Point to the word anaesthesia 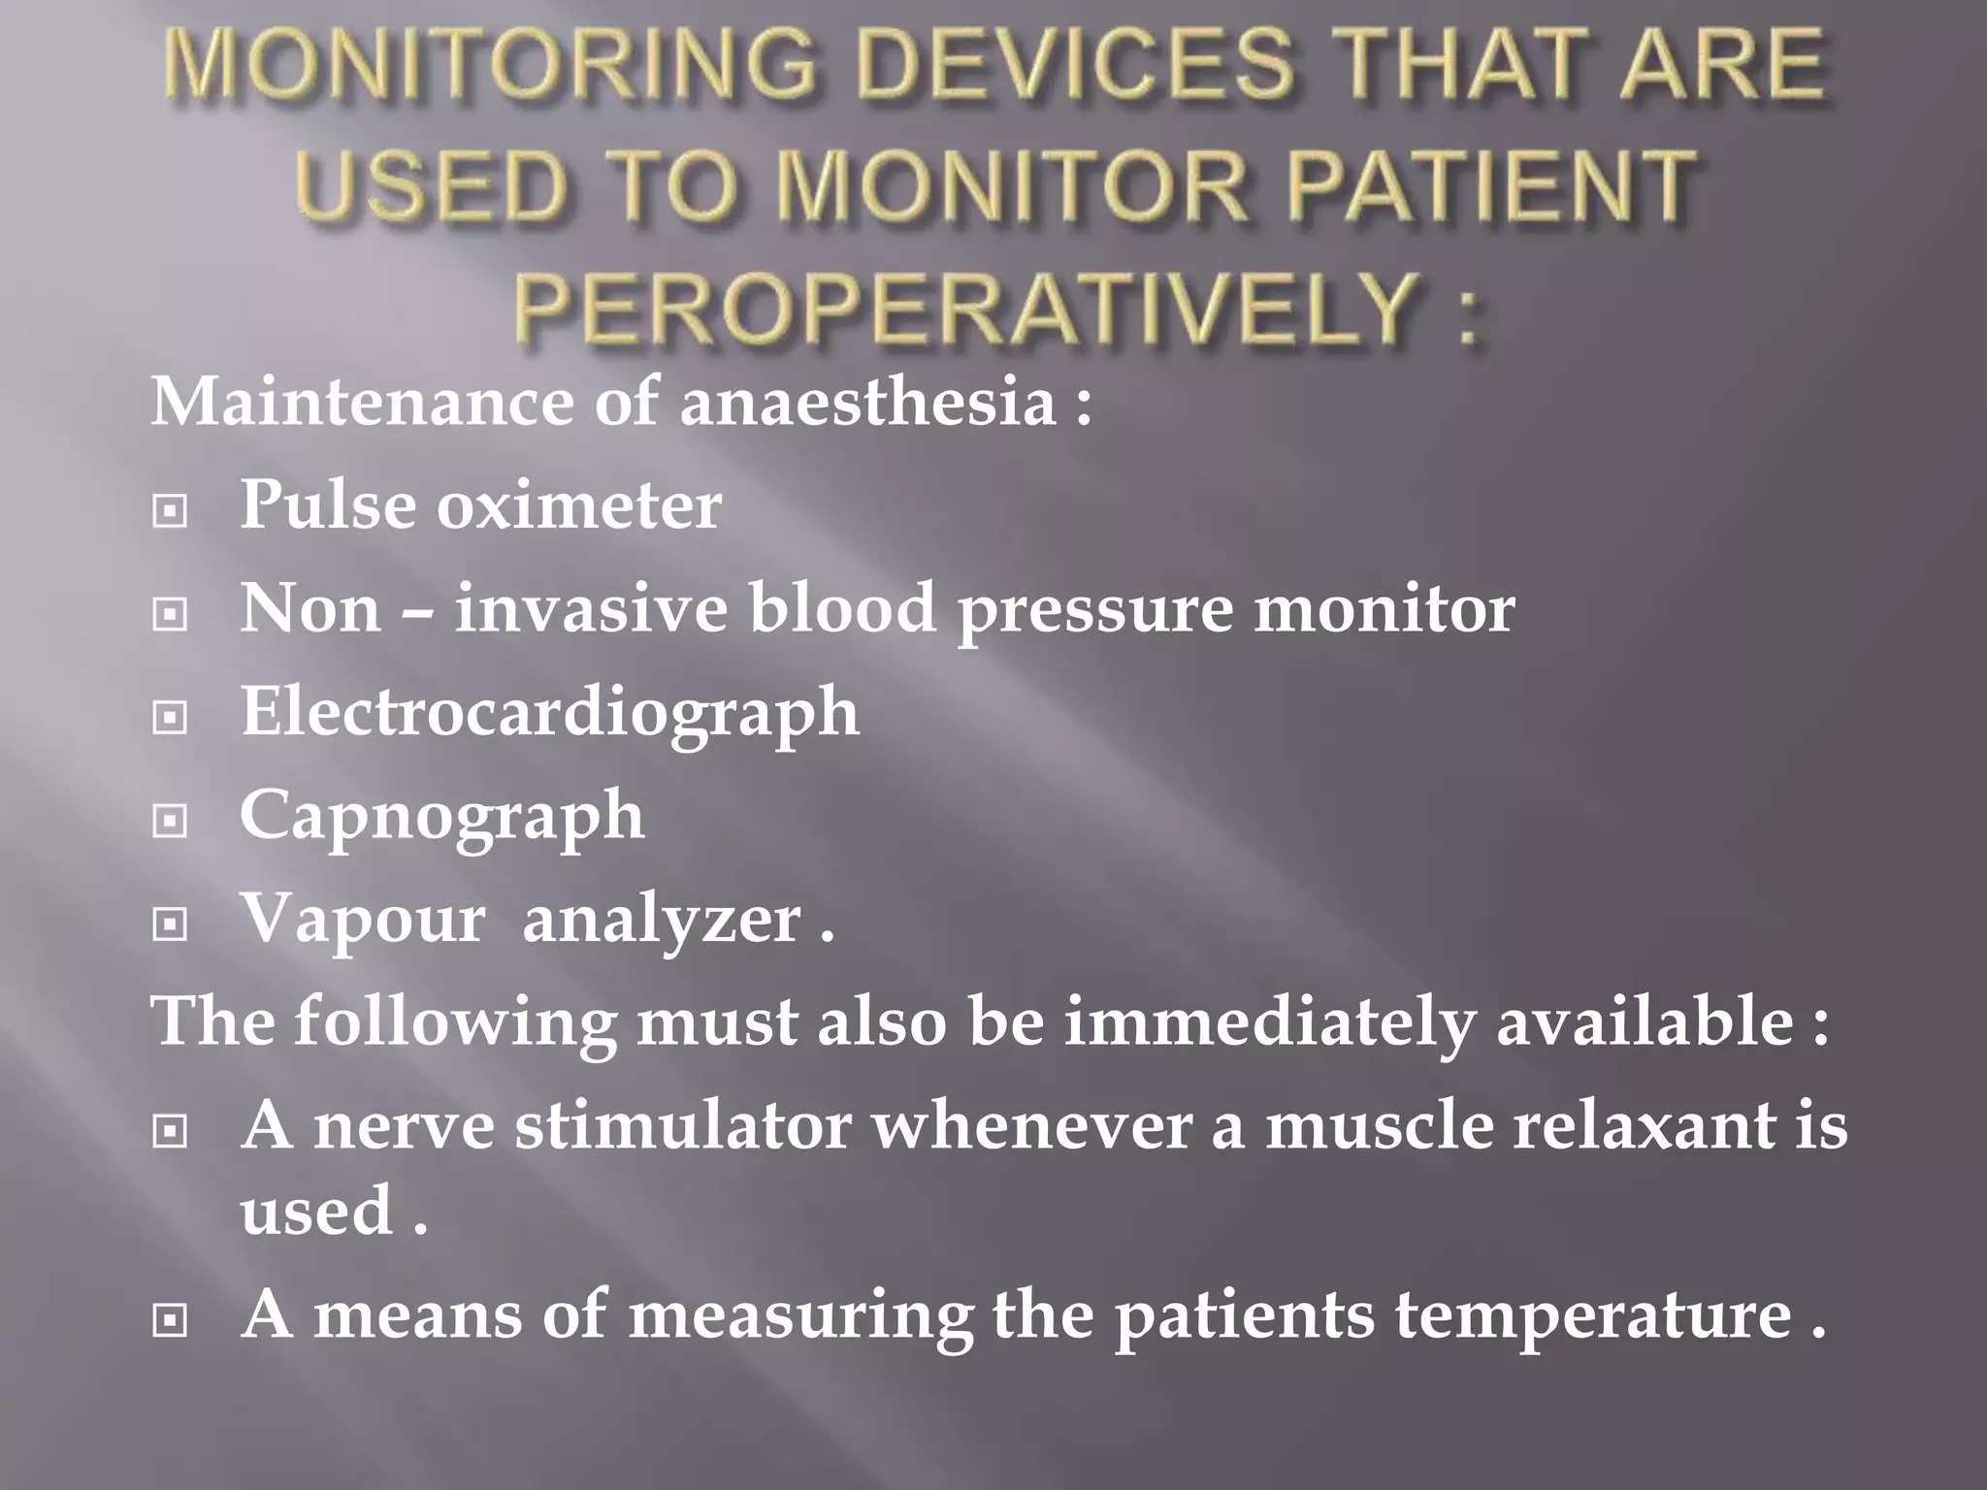(x=867, y=401)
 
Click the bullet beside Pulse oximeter (x=171, y=510)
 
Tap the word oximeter (x=578, y=505)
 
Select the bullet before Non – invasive (x=171, y=614)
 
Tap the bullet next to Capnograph (x=171, y=822)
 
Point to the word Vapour (x=362, y=919)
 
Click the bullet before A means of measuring (x=171, y=1319)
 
